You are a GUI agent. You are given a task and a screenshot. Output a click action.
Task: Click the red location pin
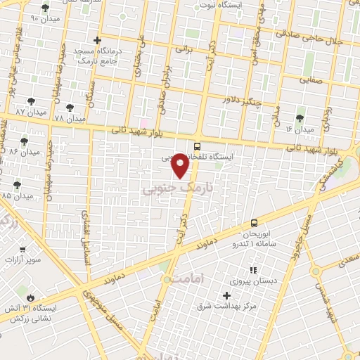tap(181, 165)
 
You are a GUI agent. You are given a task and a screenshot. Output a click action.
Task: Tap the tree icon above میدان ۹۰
tap(46, 8)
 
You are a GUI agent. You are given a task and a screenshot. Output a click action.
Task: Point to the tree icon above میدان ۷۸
tap(69, 108)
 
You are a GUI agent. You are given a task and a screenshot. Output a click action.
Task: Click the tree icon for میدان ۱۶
tap(300, 118)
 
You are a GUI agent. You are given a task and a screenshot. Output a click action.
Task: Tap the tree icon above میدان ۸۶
tap(24, 141)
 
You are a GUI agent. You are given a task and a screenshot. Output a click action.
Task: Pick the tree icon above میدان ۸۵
tap(17, 184)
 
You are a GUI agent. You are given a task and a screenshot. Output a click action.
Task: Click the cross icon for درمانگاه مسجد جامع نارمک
tap(98, 40)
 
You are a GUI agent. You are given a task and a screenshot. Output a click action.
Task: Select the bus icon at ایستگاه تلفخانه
tap(197, 146)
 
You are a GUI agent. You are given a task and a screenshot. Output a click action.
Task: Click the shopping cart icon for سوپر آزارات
tap(23, 249)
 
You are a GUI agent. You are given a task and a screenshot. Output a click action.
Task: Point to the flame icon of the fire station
tap(30, 296)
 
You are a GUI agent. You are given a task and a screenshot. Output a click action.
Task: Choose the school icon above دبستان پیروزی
tap(252, 269)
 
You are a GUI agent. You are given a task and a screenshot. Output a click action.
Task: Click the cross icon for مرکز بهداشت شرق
tap(226, 295)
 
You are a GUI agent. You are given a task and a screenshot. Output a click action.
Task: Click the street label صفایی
tap(315, 79)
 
